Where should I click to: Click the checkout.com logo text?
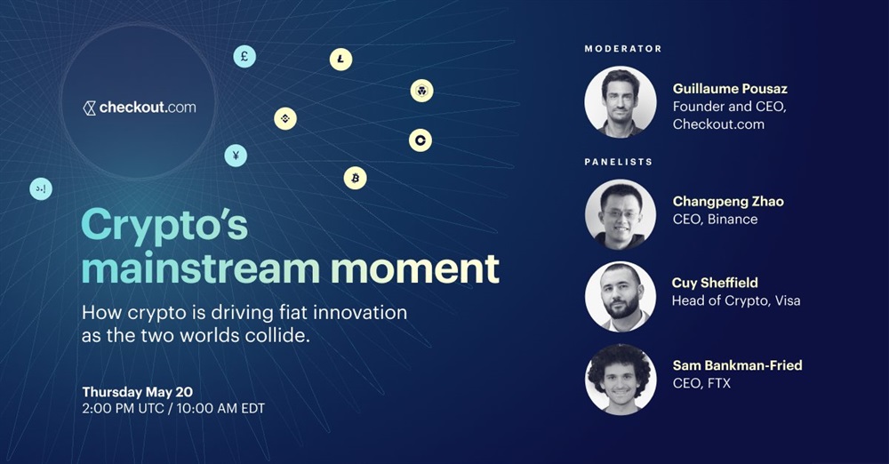point(148,108)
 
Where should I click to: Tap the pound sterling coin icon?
point(244,57)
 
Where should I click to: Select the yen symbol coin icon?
point(236,156)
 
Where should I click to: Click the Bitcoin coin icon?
point(355,178)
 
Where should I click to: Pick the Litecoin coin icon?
point(340,59)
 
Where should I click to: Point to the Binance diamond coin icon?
point(285,118)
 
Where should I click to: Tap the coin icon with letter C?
point(420,140)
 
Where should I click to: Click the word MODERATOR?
point(623,49)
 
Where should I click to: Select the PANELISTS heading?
point(619,162)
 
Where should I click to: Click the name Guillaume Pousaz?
point(730,89)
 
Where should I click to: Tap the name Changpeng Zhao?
point(728,202)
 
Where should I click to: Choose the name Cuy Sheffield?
point(715,283)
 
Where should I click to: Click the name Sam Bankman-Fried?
point(737,365)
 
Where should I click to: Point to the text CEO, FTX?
point(701,383)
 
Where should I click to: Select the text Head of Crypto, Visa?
point(736,300)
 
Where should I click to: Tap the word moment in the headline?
point(415,268)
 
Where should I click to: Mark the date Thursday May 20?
point(137,392)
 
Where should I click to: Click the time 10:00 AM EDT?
point(220,408)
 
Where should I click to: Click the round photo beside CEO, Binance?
point(621,215)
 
